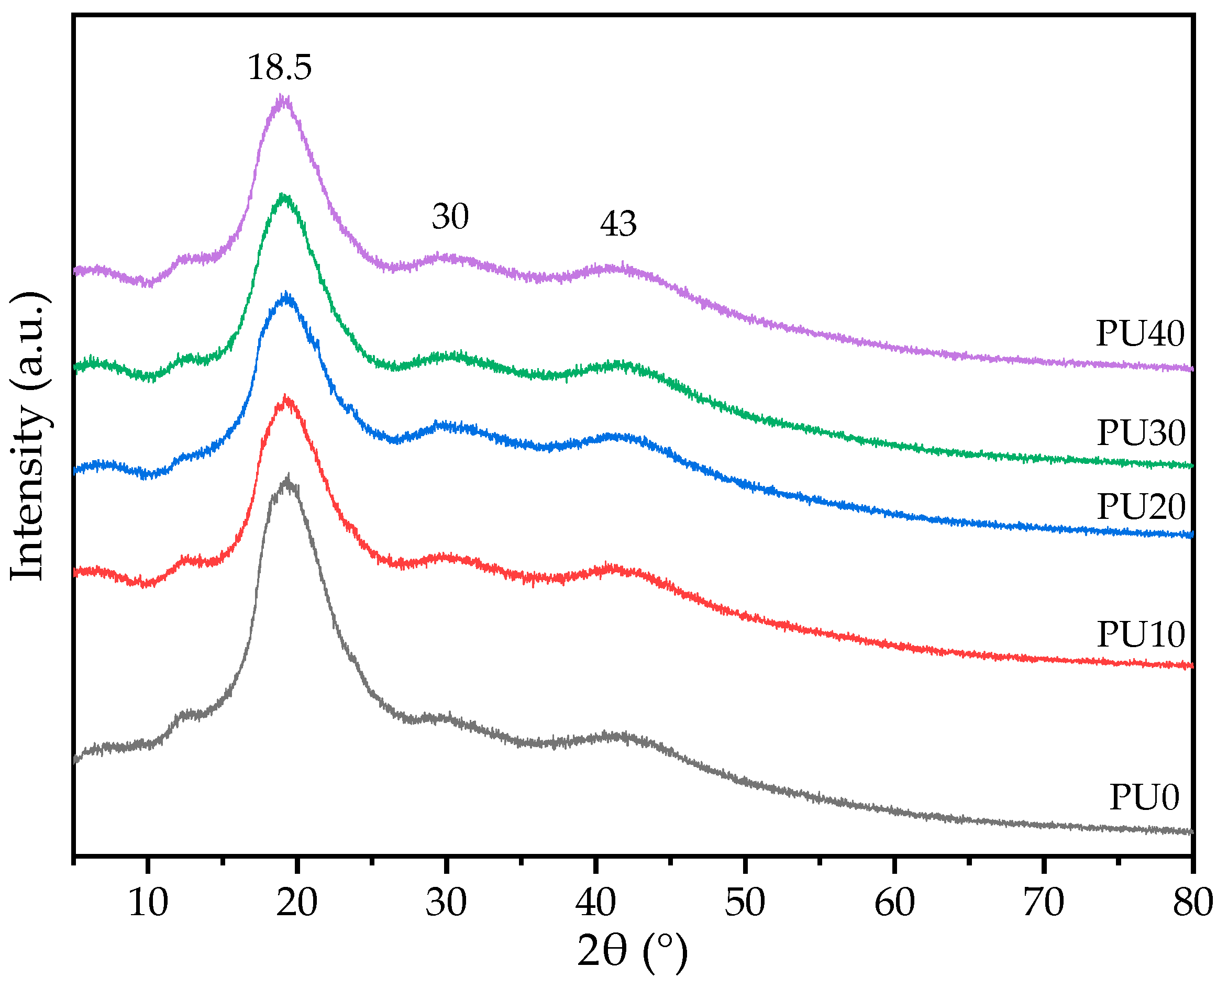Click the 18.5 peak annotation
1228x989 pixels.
tap(279, 67)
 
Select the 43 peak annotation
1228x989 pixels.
tap(618, 224)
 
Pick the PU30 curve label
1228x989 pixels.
tap(1142, 433)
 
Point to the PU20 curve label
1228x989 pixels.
tap(1142, 506)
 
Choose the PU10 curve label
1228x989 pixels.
tap(1142, 634)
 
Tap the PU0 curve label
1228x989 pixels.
tap(1144, 797)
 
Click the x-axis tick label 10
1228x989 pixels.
tap(148, 903)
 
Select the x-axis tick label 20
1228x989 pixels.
tap(297, 903)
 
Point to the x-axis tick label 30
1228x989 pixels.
tap(446, 903)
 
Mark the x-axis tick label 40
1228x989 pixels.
tap(595, 903)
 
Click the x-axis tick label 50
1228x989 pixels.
tap(745, 903)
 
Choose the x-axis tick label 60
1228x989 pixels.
tap(894, 903)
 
